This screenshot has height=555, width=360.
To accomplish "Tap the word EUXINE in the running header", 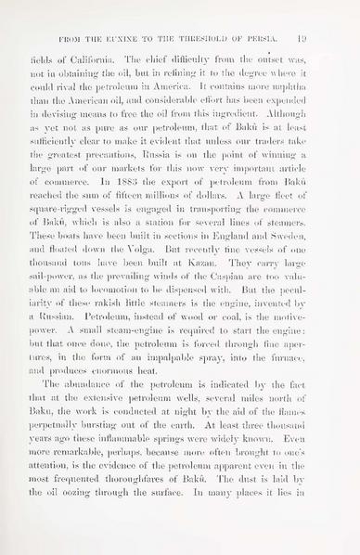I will (x=121, y=41).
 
